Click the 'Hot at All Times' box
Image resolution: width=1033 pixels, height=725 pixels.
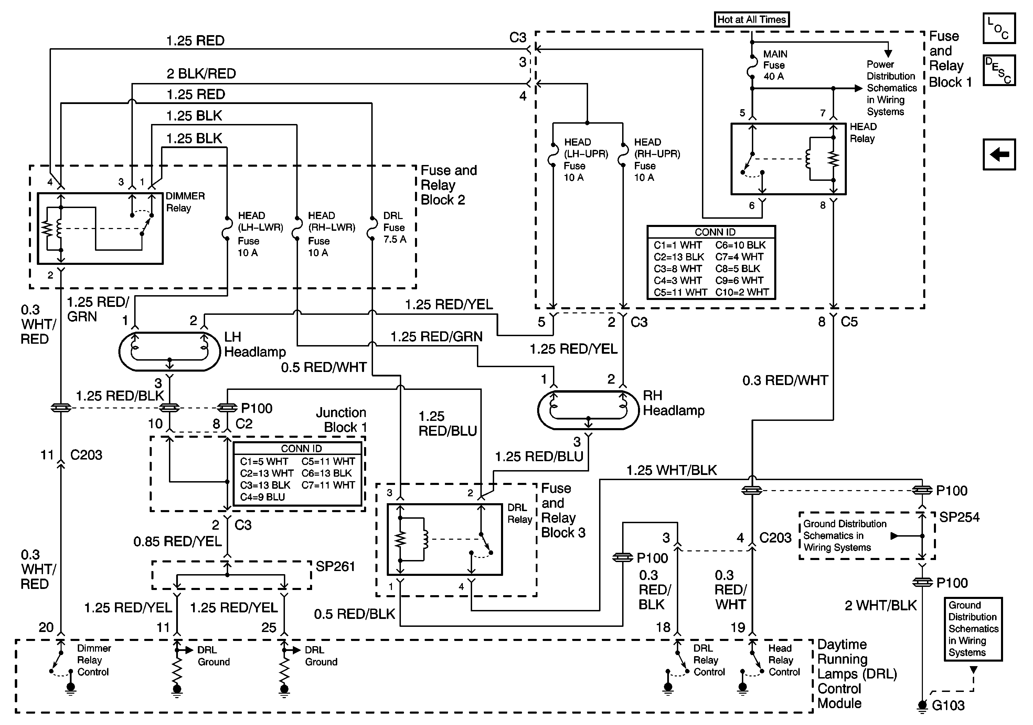coord(752,19)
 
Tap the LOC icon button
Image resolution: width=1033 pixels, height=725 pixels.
coord(999,28)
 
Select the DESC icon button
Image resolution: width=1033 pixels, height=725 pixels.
coord(999,70)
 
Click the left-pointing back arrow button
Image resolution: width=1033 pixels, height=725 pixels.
coord(999,154)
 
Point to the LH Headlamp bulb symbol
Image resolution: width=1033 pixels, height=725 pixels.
coord(169,352)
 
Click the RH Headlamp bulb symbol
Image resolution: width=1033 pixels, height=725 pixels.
coord(588,410)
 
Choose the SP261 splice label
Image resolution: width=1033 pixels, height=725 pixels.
coord(335,567)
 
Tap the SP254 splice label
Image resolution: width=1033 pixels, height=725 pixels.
coord(959,517)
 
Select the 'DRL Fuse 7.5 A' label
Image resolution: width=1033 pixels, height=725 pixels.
coord(394,227)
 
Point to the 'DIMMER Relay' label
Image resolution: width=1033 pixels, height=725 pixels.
coord(185,202)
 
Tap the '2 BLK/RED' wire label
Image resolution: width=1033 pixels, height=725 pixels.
coord(201,73)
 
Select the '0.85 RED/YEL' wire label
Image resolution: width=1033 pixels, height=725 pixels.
coord(177,541)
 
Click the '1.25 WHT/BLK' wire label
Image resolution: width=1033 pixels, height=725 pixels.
coord(671,470)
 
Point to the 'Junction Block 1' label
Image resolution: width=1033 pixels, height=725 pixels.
coord(341,420)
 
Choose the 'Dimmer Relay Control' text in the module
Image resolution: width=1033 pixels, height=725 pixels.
coord(94,660)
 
